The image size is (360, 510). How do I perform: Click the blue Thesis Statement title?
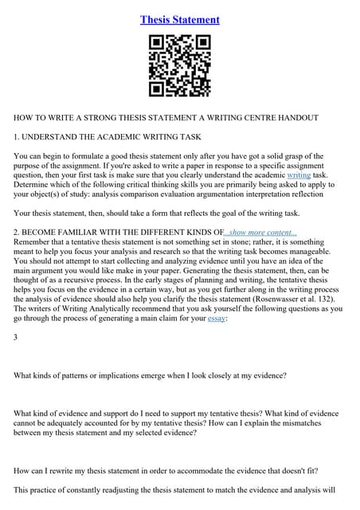[180, 19]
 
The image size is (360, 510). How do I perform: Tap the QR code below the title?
[180, 66]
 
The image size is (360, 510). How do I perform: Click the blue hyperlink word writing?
[299, 174]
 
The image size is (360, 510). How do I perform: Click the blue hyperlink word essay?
[217, 318]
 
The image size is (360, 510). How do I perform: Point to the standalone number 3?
[16, 338]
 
